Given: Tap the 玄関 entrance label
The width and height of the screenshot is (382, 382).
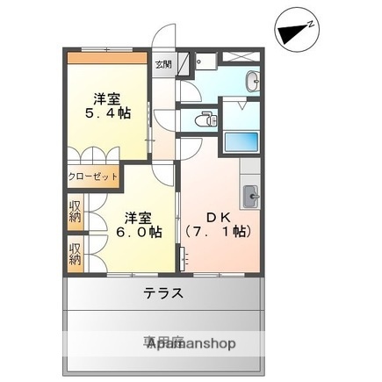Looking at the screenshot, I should tap(163, 64).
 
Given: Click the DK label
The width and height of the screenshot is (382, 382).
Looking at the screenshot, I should tap(217, 214).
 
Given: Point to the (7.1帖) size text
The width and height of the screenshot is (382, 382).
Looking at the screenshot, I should tap(219, 232).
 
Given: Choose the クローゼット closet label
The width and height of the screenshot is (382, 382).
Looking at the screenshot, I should tap(93, 177).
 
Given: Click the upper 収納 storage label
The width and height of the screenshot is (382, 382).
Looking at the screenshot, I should tap(76, 212).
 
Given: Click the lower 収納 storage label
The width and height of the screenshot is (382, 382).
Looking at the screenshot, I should tap(76, 252).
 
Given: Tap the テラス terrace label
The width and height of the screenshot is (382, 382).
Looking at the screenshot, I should tap(163, 293).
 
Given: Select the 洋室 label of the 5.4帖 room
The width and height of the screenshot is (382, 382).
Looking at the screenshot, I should tap(108, 98).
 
